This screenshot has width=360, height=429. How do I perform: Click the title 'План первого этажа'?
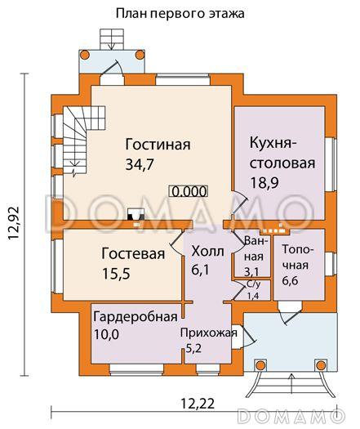(x=180, y=13)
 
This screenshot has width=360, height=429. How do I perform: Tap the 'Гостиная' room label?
(x=158, y=145)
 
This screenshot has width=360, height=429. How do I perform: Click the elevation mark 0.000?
(x=189, y=190)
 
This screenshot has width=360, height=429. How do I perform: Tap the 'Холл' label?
(x=207, y=250)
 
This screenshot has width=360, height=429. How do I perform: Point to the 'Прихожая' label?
(x=207, y=333)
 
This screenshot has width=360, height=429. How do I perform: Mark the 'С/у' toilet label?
(x=253, y=285)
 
